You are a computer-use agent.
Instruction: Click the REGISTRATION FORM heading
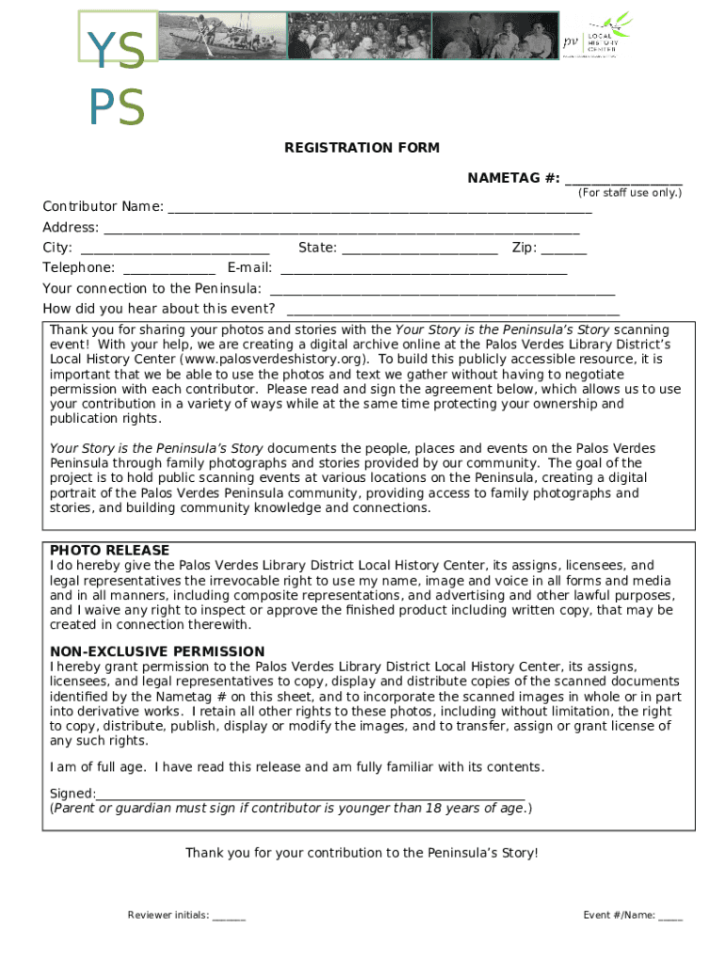[362, 148]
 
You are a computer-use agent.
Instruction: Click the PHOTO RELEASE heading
[110, 550]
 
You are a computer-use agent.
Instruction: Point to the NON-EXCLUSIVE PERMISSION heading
[157, 651]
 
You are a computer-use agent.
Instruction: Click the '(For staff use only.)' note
[630, 193]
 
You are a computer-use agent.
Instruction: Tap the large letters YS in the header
[117, 52]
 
